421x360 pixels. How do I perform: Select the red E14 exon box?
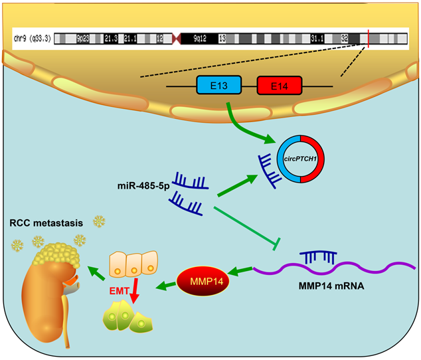[x=280, y=86]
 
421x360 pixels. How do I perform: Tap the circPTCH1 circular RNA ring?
[x=302, y=157]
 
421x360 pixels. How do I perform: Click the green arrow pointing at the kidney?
[x=100, y=270]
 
